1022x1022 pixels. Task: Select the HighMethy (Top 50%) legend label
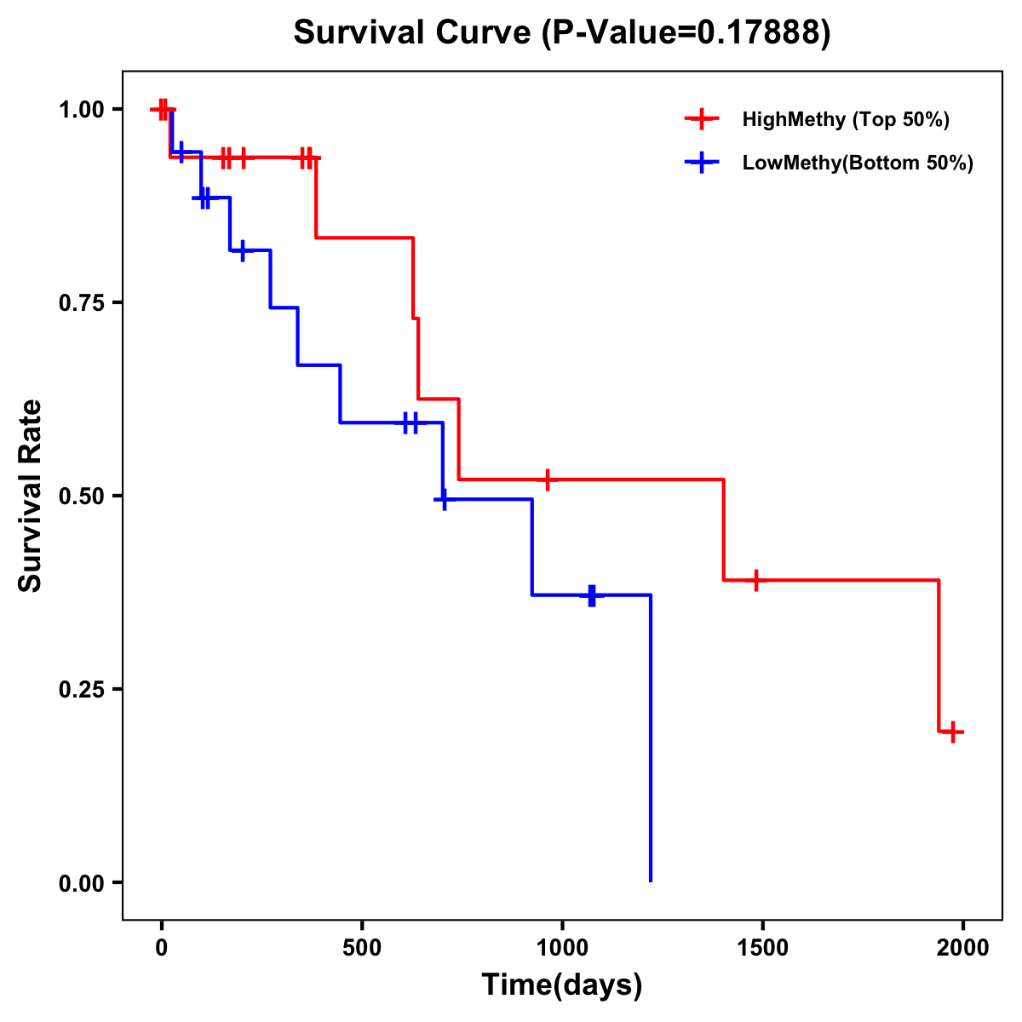846,119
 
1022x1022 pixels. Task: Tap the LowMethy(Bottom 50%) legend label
858,163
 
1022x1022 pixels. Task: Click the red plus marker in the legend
702,119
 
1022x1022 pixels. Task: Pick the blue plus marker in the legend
702,163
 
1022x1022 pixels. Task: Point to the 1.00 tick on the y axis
82,110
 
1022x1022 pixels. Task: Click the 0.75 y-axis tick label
82,303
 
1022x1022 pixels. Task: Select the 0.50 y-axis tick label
82,497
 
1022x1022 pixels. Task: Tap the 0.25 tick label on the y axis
82,690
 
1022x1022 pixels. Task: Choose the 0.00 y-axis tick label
82,883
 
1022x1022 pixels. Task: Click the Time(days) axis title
562,985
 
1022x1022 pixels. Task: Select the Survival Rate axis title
31,496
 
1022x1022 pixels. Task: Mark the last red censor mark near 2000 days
954,732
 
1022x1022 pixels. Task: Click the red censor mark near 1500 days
755,580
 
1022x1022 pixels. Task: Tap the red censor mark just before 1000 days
548,479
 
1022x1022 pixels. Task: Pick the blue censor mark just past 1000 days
592,595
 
